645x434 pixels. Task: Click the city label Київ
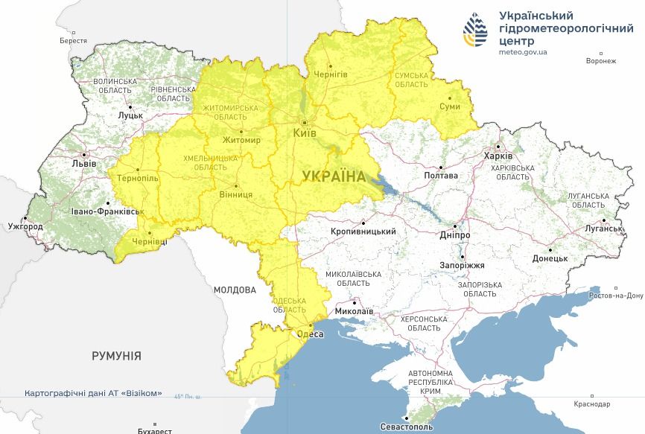click(305, 133)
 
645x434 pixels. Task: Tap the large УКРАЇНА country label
click(334, 176)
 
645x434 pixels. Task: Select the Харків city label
click(498, 156)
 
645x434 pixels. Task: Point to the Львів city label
click(78, 162)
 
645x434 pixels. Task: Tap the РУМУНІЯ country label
click(116, 356)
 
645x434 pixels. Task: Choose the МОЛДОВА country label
click(234, 290)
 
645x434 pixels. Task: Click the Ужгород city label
click(25, 226)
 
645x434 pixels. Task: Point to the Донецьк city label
click(550, 258)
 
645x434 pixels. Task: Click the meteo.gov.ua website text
click(523, 52)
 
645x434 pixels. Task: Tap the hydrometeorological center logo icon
click(477, 31)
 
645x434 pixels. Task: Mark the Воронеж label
click(601, 61)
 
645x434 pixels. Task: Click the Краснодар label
click(592, 404)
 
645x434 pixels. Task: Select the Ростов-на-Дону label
click(615, 296)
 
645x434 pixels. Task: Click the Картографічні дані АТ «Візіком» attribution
click(93, 393)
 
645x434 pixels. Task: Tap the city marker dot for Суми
click(449, 96)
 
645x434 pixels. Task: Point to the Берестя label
click(74, 41)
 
